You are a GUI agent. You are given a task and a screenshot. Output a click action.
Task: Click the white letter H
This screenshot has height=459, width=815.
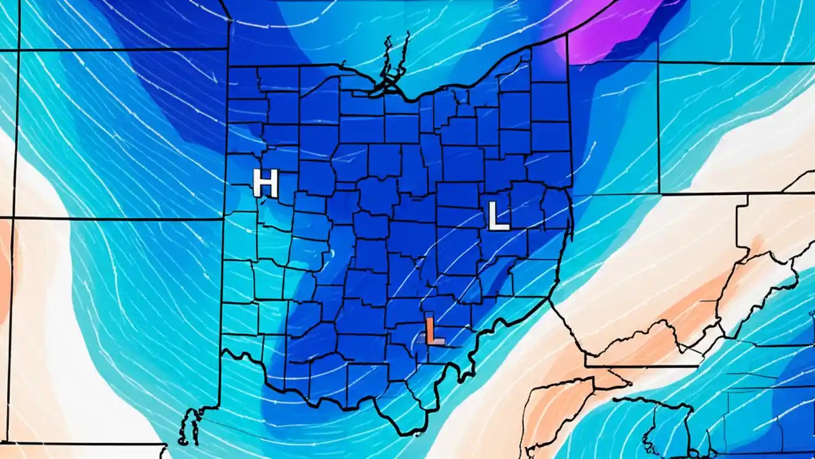(266, 183)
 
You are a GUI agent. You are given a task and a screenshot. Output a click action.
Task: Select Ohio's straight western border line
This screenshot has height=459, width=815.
(225, 255)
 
